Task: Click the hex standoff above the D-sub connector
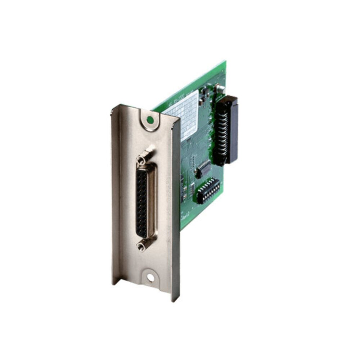point(142,158)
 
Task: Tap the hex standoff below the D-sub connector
point(141,246)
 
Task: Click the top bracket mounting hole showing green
point(150,119)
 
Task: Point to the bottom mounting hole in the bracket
point(150,278)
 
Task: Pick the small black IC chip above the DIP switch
point(203,168)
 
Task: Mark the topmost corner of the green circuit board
point(225,62)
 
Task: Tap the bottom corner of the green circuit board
point(181,229)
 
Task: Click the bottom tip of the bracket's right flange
point(175,300)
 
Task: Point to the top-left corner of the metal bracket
point(112,107)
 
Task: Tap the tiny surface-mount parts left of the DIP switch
point(191,187)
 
